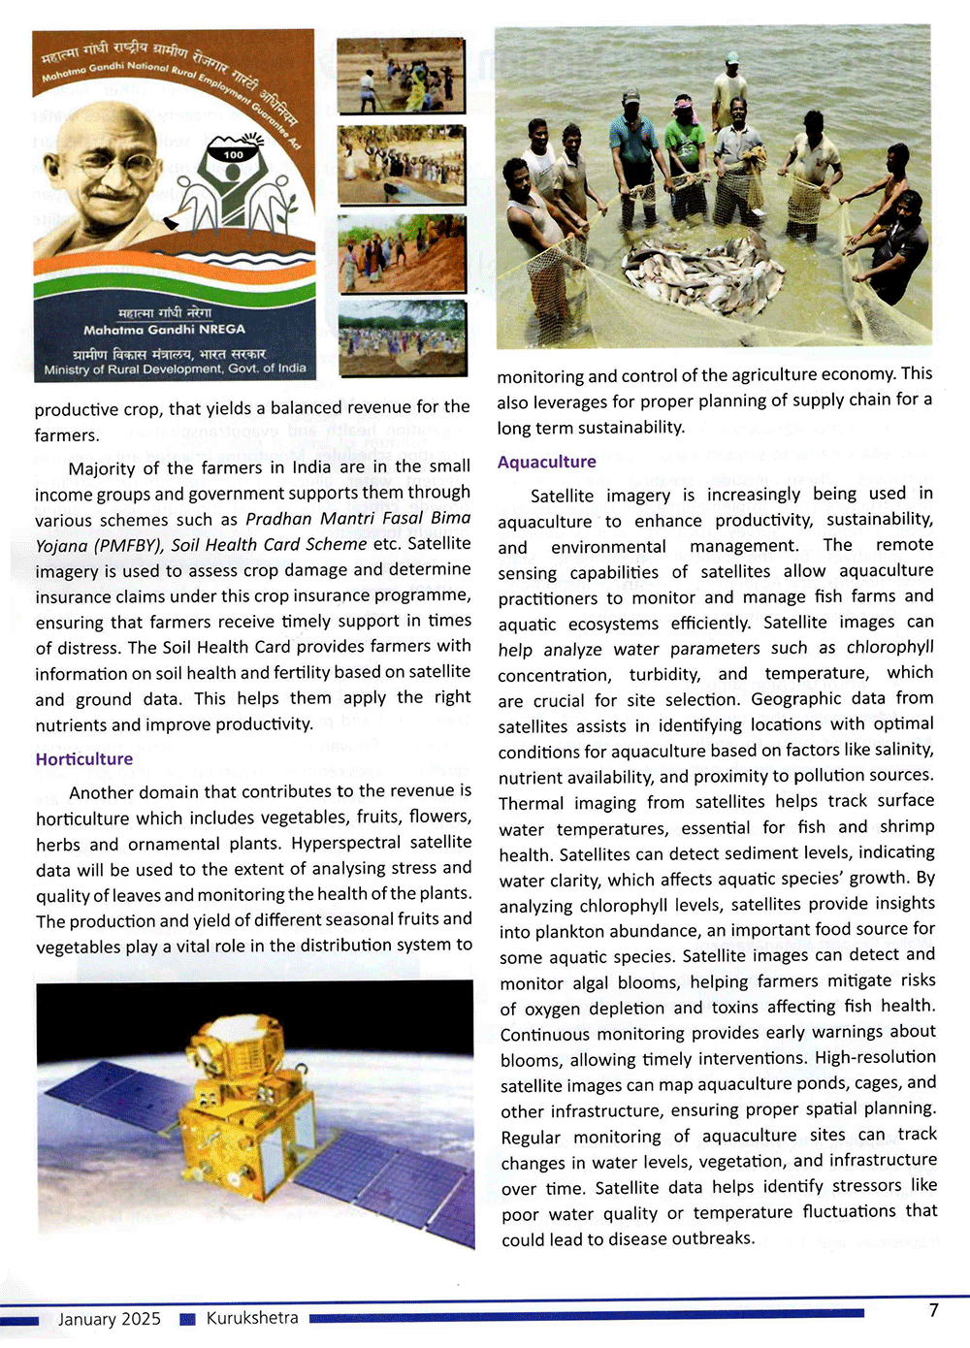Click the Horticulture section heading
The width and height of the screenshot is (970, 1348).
84,758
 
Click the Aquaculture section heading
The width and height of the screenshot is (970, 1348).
547,462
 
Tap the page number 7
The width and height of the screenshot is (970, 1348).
933,1310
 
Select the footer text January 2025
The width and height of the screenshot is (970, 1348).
109,1318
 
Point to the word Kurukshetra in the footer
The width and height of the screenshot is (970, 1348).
252,1318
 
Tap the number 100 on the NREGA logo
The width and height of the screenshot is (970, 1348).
234,154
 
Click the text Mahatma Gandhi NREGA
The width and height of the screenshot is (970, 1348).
164,329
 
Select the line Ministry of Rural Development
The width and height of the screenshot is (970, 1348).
175,369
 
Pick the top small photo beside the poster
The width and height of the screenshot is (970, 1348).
401,76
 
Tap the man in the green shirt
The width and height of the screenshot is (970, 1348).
685,155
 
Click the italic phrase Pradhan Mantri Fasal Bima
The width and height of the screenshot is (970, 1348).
358,518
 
